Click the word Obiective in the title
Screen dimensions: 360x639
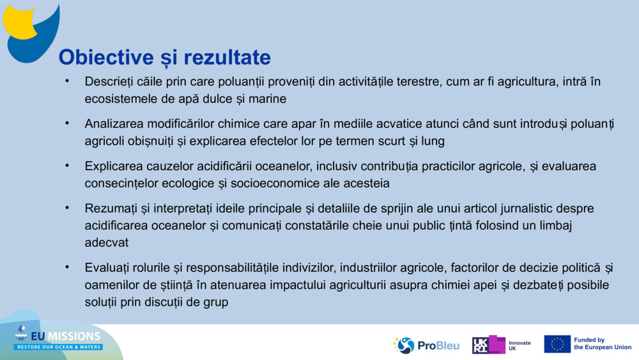click(x=101, y=58)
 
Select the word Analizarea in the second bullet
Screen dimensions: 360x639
click(x=114, y=123)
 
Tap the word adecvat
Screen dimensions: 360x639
click(x=107, y=242)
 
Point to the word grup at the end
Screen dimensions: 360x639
click(x=215, y=301)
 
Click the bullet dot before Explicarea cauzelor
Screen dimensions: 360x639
click(x=66, y=165)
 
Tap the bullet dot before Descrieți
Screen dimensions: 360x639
click(x=66, y=81)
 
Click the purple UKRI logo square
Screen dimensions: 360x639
click(x=488, y=345)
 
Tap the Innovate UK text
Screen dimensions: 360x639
click(x=520, y=345)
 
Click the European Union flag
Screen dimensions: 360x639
click(x=557, y=344)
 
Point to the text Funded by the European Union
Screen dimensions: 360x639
click(x=602, y=344)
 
